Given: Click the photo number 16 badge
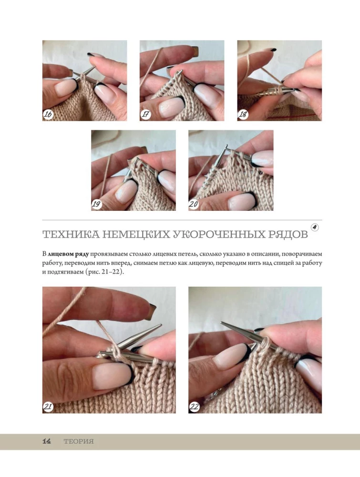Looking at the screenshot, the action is click(48, 114).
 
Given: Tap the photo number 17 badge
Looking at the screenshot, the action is click(145, 114).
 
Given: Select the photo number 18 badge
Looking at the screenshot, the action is click(243, 114).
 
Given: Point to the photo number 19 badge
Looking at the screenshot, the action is click(97, 204).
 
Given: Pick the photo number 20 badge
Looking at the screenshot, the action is click(194, 204).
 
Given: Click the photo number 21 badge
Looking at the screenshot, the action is click(48, 407).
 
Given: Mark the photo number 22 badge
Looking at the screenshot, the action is click(194, 407).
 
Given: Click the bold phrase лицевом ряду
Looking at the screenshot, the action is click(68, 254).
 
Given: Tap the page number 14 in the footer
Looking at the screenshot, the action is click(47, 441).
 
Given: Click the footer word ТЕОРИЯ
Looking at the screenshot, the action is click(79, 441).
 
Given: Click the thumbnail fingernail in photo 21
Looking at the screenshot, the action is click(113, 376).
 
